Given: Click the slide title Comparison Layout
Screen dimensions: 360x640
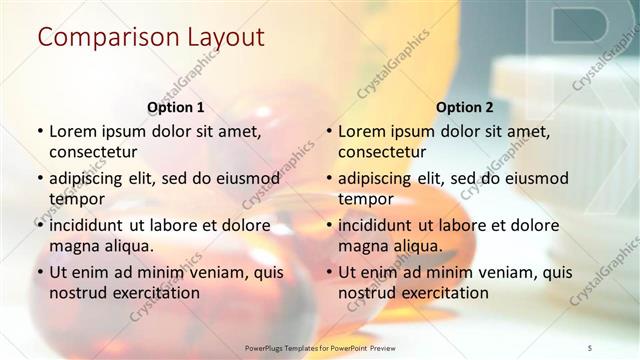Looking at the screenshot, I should point(151,39).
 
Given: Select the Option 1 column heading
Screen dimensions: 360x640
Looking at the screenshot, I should point(176,107).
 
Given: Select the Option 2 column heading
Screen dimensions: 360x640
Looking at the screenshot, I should point(465,107).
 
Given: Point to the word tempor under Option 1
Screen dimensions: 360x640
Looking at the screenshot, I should point(77,198).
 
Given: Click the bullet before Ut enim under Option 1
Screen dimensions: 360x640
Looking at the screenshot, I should point(39,272).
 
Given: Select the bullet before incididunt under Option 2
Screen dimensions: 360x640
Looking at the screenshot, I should point(328,225).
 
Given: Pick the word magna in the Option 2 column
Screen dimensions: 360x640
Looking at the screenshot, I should point(362,245).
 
